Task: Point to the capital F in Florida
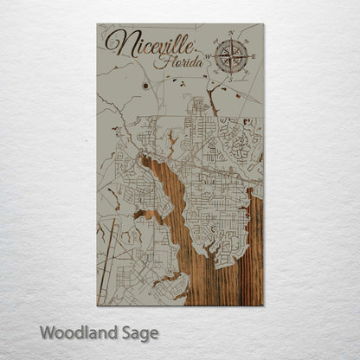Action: click(170, 61)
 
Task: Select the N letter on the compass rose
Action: click(231, 35)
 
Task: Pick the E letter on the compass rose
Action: click(253, 57)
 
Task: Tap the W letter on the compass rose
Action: click(210, 57)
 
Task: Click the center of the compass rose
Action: click(231, 57)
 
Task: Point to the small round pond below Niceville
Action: click(145, 86)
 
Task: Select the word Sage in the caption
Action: click(138, 332)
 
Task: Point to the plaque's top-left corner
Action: click(97, 24)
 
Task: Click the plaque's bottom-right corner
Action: click(263, 306)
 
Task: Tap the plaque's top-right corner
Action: click(263, 24)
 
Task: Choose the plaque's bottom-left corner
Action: click(97, 306)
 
